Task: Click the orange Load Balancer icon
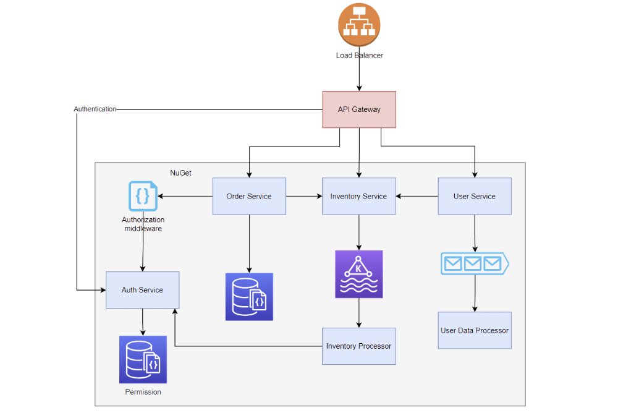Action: pos(359,25)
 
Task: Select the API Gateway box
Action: pos(359,109)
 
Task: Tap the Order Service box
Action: pos(249,196)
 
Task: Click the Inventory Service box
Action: pos(358,196)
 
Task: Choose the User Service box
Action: pos(475,196)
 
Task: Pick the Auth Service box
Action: pos(143,289)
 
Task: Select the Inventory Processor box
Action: pos(358,346)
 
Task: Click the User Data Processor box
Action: pos(475,330)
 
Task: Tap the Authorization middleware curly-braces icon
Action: pos(143,196)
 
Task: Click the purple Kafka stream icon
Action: pos(358,274)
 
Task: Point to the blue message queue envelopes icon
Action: pos(475,263)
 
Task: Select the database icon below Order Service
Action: pos(249,297)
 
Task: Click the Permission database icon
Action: pos(143,359)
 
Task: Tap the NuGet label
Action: pos(180,173)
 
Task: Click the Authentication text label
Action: pos(95,109)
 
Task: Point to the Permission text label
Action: pos(143,392)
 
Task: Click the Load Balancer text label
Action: pos(359,56)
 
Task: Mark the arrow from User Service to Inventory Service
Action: pos(417,196)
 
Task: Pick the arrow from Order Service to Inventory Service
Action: pos(304,196)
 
